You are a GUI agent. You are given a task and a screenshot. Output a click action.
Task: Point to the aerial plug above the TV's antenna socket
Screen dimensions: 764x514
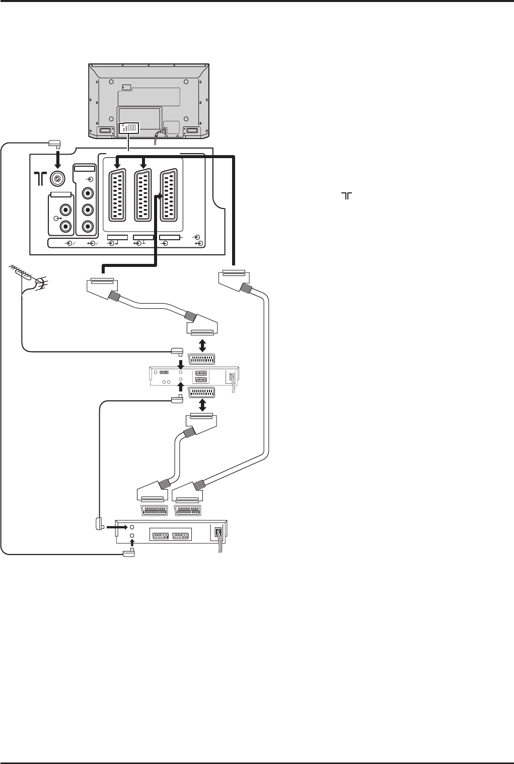pos(54,145)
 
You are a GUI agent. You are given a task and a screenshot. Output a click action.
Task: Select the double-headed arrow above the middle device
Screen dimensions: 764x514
pos(201,345)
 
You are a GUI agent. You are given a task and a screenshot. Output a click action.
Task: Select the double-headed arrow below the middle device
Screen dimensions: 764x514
pos(201,405)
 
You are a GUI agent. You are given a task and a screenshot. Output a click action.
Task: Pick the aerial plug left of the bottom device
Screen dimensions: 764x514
pos(99,524)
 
